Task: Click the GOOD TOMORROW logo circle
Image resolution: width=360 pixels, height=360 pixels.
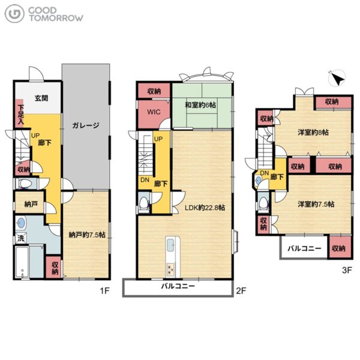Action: tap(14, 14)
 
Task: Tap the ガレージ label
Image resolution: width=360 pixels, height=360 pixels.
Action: tap(86, 125)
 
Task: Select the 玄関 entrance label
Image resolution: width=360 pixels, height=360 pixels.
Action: tap(41, 98)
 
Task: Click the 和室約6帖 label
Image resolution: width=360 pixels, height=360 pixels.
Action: tap(200, 105)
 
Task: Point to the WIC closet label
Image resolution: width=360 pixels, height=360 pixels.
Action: tap(154, 112)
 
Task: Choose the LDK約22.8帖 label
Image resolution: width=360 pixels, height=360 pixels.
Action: tap(205, 208)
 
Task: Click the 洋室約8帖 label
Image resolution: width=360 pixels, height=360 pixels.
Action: tap(313, 132)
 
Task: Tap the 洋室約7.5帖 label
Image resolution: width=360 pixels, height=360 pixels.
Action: tap(316, 204)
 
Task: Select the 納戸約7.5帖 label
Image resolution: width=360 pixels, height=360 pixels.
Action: tap(87, 235)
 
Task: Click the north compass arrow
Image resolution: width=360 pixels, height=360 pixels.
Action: tap(338, 79)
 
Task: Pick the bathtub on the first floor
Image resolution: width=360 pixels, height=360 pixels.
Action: tap(22, 262)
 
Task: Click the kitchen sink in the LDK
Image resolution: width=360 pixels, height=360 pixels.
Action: tap(170, 245)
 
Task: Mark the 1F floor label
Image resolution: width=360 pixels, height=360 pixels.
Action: tap(104, 291)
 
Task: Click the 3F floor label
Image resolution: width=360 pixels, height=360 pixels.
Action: tap(347, 270)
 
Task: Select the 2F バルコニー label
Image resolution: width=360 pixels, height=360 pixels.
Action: tap(178, 286)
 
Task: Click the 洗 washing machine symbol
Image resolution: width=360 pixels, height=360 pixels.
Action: tap(21, 238)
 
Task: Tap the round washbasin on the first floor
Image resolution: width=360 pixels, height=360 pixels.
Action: tap(21, 223)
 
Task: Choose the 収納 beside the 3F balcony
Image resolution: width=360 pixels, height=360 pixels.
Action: tap(339, 248)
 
